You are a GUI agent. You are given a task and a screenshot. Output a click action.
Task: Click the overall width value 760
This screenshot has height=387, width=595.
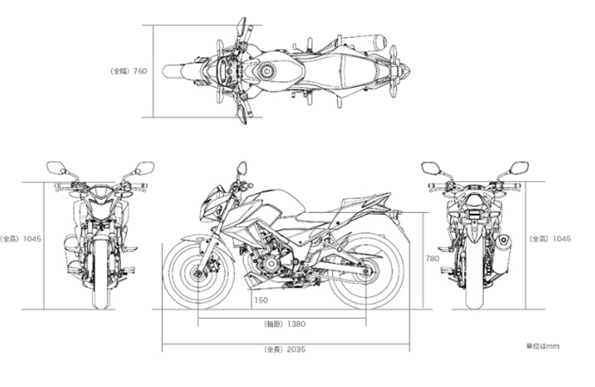point(140,71)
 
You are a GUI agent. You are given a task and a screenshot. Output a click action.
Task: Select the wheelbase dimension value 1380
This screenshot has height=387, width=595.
point(296,324)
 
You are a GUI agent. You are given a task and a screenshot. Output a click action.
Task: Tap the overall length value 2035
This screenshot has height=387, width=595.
point(296,349)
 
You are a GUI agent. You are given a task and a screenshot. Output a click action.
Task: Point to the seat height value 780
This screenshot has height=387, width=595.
point(432,259)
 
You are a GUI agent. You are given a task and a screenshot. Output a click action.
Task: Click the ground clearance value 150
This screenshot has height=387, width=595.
point(260,301)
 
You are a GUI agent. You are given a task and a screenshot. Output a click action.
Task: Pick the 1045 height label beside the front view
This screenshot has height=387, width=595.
point(32,239)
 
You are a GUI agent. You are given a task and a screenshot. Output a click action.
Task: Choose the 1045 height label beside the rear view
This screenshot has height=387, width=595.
point(561,239)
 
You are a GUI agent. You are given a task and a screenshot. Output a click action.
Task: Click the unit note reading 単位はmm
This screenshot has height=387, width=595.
point(542,346)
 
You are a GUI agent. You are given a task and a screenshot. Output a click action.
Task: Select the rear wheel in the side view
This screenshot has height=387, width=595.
point(365,272)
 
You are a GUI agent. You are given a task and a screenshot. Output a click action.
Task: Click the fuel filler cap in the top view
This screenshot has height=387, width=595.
point(266,71)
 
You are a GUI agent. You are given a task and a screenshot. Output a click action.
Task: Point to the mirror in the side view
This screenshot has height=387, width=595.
point(241,167)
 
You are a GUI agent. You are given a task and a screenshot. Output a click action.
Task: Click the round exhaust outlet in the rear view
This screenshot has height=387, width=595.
point(504,240)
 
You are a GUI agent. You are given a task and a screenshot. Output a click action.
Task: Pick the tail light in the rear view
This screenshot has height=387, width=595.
point(474,214)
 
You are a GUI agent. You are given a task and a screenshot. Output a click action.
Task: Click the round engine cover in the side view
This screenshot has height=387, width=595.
point(271,264)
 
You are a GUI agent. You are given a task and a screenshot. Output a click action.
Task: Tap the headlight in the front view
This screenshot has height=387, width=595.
point(101,197)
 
